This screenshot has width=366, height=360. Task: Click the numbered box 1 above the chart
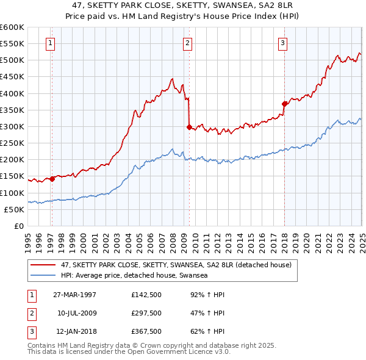49,43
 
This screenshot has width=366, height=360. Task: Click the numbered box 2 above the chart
187,43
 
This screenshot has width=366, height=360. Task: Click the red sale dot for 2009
189,127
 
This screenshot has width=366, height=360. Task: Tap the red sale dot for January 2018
284,104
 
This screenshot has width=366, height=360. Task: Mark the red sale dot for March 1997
52,179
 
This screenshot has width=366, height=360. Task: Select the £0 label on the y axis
18,226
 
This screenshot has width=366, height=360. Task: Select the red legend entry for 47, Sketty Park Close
176,265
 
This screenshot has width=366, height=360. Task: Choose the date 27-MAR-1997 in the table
75,294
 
